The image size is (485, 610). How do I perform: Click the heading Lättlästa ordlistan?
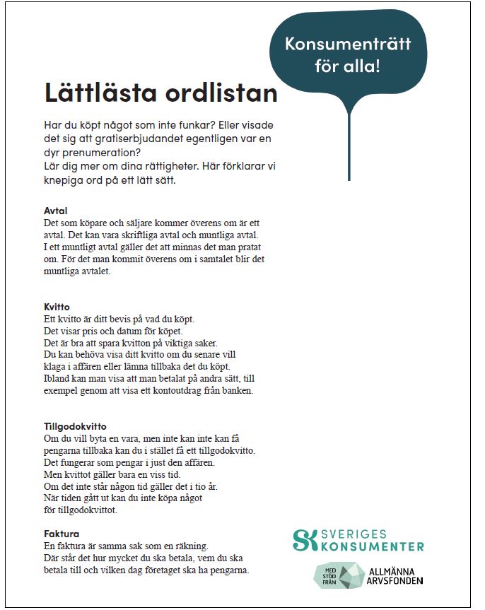tap(160, 93)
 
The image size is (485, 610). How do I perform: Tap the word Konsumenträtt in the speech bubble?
tap(347, 45)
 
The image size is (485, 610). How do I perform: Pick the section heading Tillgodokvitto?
tap(74, 426)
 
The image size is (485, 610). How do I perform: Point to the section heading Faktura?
tap(61, 534)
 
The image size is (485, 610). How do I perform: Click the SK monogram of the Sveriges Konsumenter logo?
tap(304, 539)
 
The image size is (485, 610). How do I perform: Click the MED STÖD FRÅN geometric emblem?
tap(338, 575)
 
